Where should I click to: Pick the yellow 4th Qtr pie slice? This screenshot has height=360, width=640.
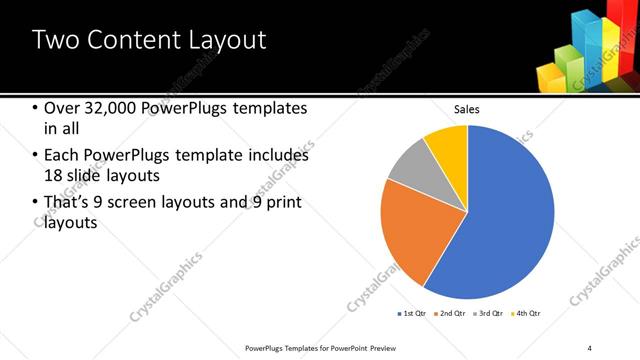[x=447, y=145]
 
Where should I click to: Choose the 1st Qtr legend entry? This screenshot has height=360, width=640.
[x=413, y=314]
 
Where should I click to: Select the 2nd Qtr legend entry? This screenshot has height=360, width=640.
[x=452, y=314]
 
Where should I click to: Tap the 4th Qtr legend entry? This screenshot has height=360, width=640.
[x=528, y=314]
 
